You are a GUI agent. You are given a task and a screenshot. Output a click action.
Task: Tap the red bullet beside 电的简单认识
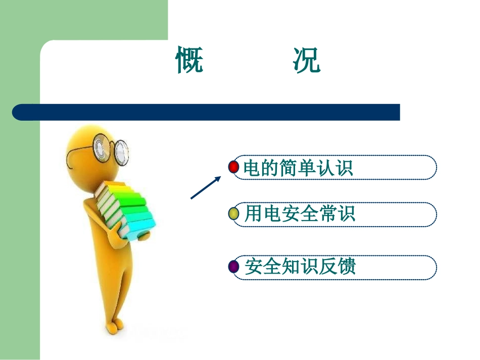pyautogui.click(x=233, y=167)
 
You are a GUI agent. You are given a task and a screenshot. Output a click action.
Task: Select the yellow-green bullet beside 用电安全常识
pyautogui.click(x=233, y=214)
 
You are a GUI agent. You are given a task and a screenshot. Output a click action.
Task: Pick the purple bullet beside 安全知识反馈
pyautogui.click(x=233, y=266)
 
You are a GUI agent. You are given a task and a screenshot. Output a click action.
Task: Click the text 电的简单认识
pyautogui.click(x=298, y=168)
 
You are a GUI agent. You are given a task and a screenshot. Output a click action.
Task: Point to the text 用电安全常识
pyautogui.click(x=300, y=214)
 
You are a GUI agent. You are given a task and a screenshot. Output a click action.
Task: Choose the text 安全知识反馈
pyautogui.click(x=300, y=267)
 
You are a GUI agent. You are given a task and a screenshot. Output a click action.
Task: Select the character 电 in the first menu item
pyautogui.click(x=251, y=168)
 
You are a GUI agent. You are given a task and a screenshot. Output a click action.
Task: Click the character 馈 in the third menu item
pyautogui.click(x=348, y=267)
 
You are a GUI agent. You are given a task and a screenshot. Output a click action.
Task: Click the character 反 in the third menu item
pyautogui.click(x=328, y=267)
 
